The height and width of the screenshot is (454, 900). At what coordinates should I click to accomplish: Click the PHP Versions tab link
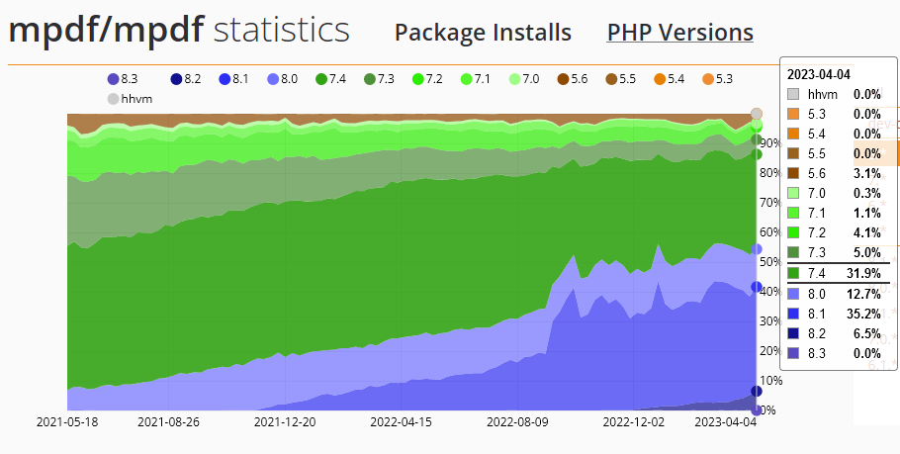pos(679,32)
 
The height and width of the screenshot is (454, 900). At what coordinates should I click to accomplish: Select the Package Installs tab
pos(483,32)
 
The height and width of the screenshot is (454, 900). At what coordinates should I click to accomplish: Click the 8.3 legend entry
pos(123,78)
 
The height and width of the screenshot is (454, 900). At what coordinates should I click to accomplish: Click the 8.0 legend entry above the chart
pos(283,78)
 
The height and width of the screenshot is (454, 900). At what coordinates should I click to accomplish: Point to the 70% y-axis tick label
pos(769,203)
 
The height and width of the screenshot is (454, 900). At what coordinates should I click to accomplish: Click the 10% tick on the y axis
pos(769,381)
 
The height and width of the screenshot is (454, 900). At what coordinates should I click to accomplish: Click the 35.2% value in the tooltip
pos(859,313)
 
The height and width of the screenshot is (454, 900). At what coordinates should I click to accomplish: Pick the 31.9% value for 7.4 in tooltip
pos(859,273)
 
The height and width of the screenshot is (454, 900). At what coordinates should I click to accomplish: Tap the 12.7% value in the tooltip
pos(859,293)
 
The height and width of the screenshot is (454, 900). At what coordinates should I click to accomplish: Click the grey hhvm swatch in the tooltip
pos(794,94)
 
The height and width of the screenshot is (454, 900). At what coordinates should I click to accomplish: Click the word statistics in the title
pos(281,30)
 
